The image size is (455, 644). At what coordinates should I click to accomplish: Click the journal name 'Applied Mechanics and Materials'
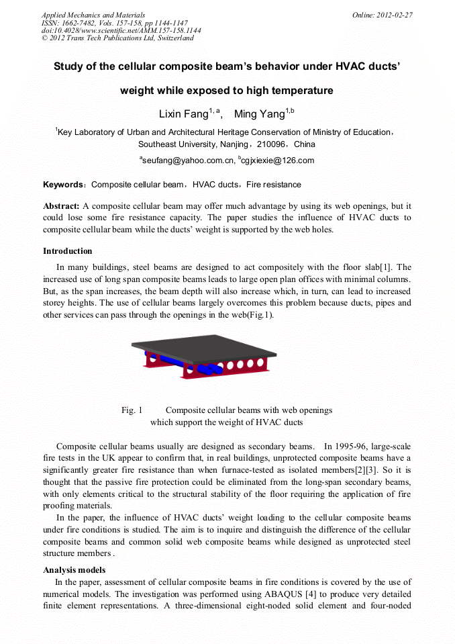(x=93, y=15)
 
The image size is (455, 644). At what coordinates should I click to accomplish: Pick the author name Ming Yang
(x=259, y=114)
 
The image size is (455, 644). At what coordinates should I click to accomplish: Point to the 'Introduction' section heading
(x=68, y=251)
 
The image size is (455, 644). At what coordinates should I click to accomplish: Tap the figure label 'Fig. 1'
(x=132, y=410)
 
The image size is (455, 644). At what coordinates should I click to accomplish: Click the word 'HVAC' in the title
(x=323, y=66)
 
